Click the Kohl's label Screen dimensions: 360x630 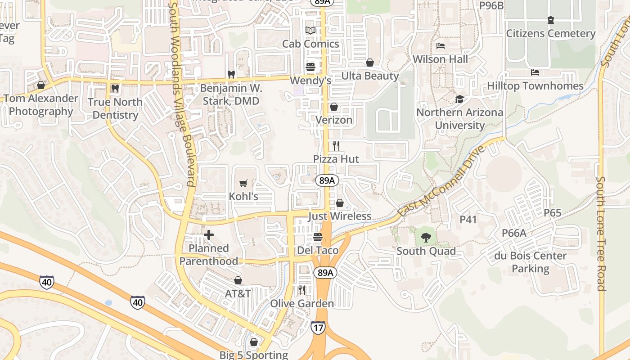(x=243, y=197)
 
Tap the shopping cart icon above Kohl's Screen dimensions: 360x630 (x=243, y=183)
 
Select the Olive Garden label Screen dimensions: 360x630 (x=302, y=304)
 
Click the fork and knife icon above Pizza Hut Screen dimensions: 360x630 (x=336, y=145)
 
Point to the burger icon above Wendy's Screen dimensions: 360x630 (x=310, y=67)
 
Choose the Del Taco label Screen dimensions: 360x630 (x=318, y=251)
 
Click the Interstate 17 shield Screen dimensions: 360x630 (x=318, y=328)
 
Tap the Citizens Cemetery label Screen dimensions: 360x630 (x=551, y=34)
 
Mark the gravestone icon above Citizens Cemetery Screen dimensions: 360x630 (x=551, y=20)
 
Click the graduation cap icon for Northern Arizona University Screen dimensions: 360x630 (x=459, y=99)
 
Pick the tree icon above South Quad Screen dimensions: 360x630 (x=426, y=237)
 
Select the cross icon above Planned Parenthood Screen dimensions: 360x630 (x=209, y=235)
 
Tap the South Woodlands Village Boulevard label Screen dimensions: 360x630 (x=181, y=94)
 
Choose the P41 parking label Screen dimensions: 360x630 (x=468, y=220)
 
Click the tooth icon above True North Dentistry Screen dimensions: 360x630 (x=115, y=89)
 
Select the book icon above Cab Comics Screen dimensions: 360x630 (x=310, y=31)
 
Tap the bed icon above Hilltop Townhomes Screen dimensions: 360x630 (x=535, y=72)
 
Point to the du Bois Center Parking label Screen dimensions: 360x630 (x=531, y=262)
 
